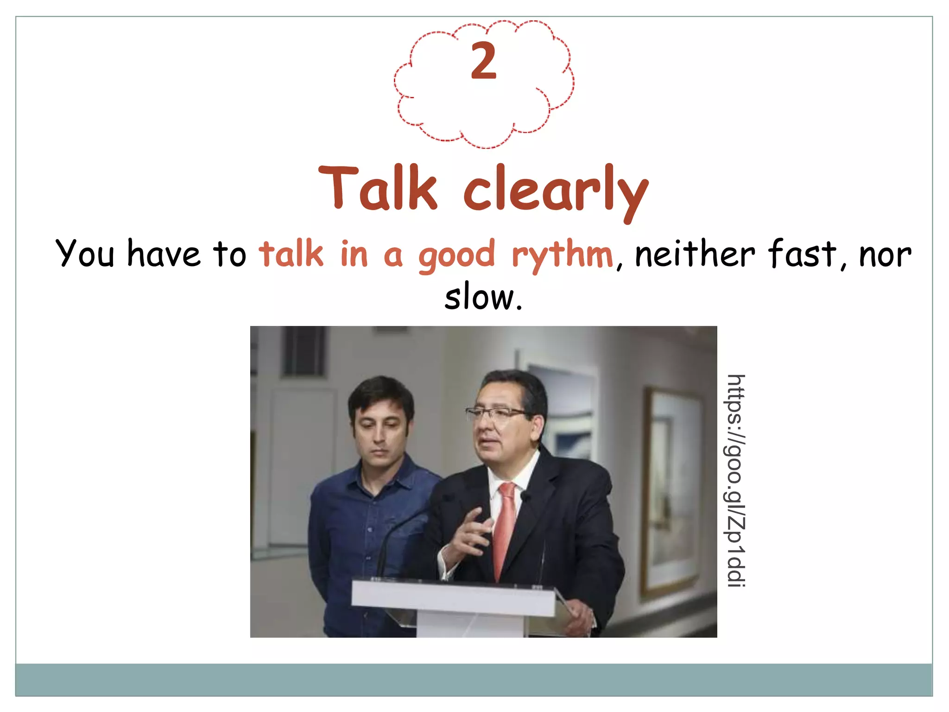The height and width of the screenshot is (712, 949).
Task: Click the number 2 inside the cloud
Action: click(x=483, y=61)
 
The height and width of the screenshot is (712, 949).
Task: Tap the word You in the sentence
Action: click(x=85, y=254)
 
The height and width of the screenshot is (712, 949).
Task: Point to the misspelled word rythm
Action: click(x=563, y=255)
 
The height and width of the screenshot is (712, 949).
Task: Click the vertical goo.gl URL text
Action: click(x=735, y=481)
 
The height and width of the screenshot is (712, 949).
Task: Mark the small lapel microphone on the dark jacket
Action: click(x=525, y=496)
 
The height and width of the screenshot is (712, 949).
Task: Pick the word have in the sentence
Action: click(x=164, y=254)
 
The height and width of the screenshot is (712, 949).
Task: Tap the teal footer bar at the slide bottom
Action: click(x=474, y=680)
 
